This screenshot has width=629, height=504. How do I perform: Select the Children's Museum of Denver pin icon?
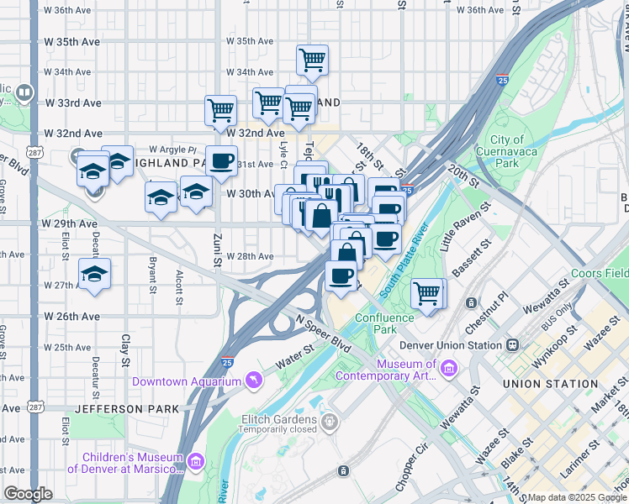pos(197,461)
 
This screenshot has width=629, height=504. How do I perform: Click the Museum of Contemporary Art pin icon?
pos(448,369)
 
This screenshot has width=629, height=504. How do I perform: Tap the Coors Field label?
pos(599,273)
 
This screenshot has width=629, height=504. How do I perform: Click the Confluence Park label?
pos(384,323)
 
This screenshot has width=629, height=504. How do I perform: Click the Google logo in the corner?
pos(29,493)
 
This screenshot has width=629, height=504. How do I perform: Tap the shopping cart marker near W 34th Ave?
pos(312,60)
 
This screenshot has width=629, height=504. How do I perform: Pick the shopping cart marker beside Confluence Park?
pos(427,293)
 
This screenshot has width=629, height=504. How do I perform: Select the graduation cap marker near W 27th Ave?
pos(95,274)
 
